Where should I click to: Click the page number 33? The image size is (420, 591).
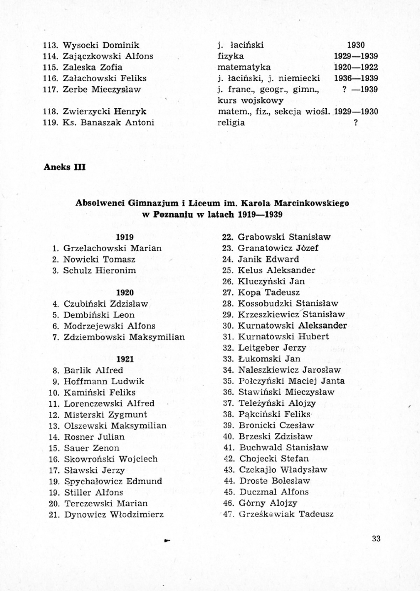point(377,538)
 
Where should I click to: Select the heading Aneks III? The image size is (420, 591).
point(65,167)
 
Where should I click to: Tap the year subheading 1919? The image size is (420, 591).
point(126,237)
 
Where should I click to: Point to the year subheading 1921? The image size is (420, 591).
point(126,359)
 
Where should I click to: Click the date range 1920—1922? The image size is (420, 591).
point(355,67)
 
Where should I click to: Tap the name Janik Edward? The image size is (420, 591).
point(268,259)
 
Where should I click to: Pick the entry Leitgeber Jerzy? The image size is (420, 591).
point(272,348)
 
